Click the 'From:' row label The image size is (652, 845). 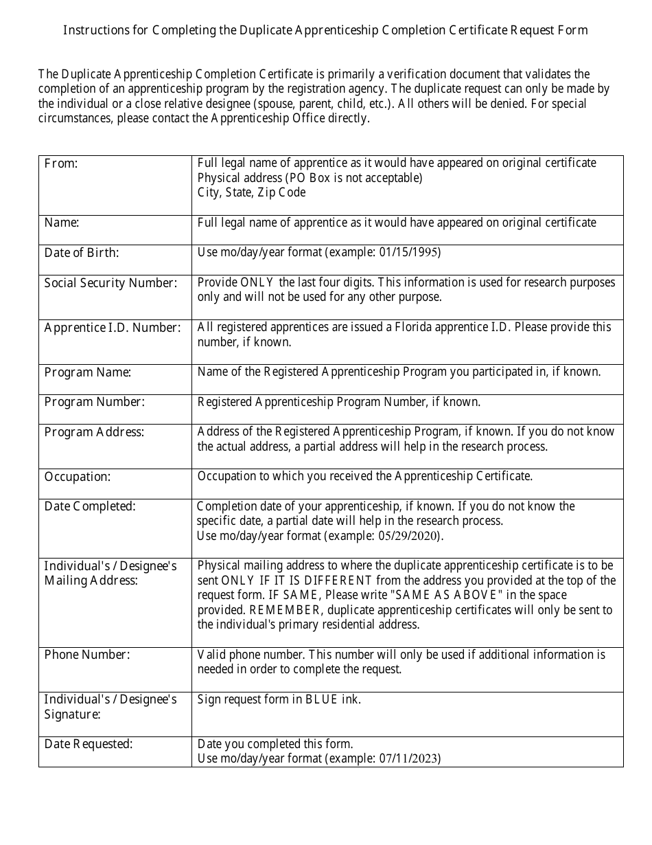61,164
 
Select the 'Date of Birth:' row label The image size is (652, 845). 82,253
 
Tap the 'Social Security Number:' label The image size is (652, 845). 110,283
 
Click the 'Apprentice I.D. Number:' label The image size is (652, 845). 113,328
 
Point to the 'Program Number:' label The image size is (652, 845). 95,402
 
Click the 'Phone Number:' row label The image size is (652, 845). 87,655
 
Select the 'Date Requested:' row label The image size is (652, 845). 89,744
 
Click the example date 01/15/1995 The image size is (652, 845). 410,252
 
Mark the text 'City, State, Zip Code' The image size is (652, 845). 251,192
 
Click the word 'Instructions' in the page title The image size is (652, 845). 97,30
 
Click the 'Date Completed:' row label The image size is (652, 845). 90,506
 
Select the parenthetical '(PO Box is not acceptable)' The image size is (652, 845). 355,178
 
